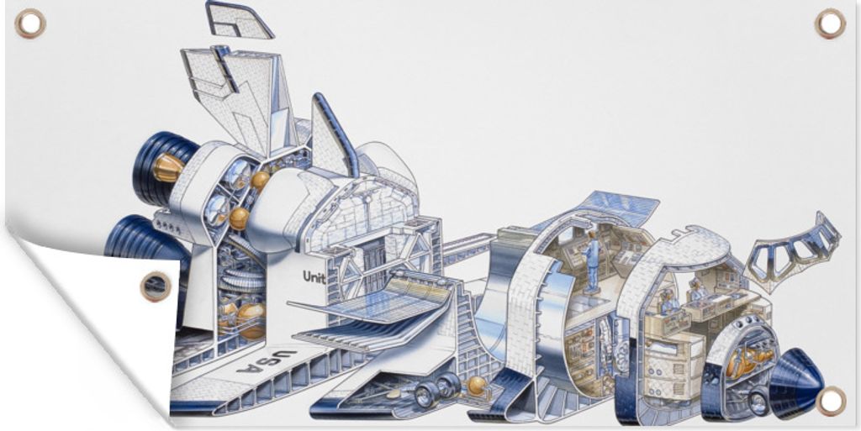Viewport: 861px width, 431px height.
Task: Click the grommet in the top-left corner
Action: (30, 24)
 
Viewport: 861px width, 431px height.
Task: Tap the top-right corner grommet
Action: (830, 24)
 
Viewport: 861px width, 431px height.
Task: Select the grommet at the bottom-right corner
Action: (830, 401)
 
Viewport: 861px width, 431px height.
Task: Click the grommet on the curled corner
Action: (156, 286)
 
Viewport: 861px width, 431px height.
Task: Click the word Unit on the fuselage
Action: (314, 277)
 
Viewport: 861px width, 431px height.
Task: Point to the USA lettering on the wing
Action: (267, 360)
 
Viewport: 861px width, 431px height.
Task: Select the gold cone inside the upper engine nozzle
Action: (167, 167)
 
